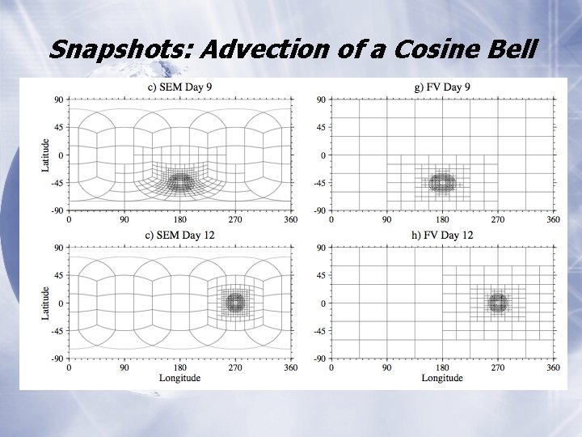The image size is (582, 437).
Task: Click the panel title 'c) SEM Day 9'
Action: tap(180, 87)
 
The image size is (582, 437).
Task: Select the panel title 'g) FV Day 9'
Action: tap(442, 87)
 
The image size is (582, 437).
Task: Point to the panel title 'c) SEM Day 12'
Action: tap(180, 235)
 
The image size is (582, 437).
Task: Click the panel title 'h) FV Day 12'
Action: tap(442, 235)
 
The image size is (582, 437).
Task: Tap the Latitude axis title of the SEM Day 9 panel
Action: tap(46, 155)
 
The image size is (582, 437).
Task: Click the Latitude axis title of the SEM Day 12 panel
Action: tap(46, 303)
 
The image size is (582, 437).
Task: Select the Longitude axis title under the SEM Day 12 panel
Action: tap(179, 378)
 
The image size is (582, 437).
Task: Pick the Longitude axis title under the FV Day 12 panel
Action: tap(442, 378)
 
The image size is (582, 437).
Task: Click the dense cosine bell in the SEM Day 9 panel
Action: tap(179, 183)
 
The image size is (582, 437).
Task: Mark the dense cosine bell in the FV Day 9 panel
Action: tap(442, 183)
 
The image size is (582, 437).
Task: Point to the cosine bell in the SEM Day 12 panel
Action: tap(235, 303)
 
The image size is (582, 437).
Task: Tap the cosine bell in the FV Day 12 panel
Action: tap(498, 303)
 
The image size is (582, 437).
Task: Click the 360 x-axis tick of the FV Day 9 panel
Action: tap(553, 219)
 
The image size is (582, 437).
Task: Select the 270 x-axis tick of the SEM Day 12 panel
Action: tap(235, 367)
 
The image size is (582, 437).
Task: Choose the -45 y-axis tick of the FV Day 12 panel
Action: tap(320, 331)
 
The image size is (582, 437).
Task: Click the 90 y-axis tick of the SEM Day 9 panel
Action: tap(59, 100)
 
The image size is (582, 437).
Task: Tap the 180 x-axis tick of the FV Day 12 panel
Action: tap(442, 367)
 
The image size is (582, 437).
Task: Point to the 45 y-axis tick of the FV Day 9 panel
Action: tap(322, 127)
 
